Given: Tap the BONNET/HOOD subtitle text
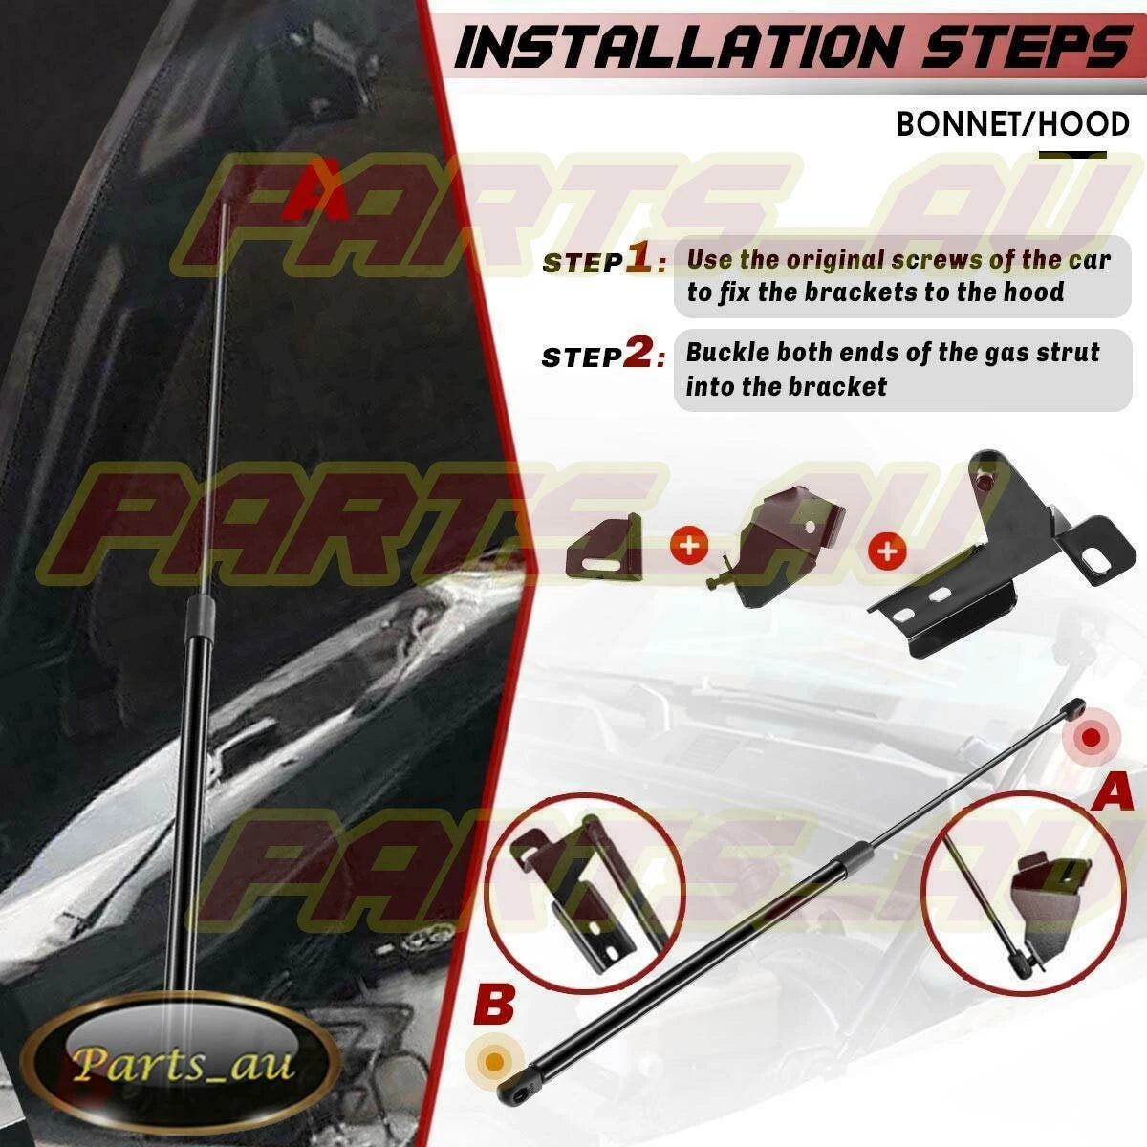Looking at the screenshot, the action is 1013,125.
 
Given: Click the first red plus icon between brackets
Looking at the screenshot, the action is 690,545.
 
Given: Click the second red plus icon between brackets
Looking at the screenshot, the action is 887,551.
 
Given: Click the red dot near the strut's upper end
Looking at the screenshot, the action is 1091,739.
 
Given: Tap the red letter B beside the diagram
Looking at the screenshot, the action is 493,1006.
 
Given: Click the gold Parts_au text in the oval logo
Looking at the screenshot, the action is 183,1063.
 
